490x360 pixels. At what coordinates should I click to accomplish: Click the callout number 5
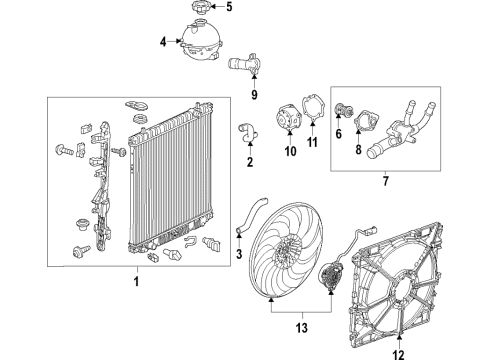[228, 8]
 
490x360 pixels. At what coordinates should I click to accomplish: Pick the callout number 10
[291, 152]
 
